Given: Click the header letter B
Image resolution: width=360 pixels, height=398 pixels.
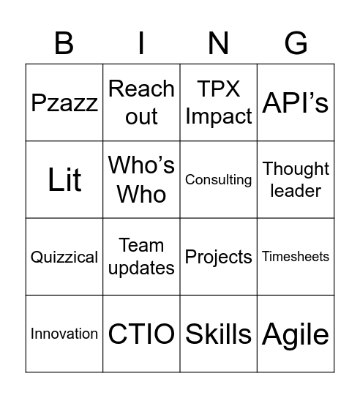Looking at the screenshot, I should [x=64, y=44].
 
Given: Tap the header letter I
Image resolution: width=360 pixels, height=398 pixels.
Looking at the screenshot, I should [x=141, y=44].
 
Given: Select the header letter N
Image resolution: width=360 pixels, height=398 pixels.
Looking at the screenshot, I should [x=219, y=44].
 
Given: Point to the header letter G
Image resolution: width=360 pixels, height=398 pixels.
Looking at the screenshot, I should [x=296, y=44].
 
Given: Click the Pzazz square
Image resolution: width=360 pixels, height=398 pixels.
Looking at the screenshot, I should [x=64, y=102].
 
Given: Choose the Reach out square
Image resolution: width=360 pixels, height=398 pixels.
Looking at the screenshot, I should [x=141, y=102].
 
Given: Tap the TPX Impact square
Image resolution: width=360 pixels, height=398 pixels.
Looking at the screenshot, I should [x=219, y=102].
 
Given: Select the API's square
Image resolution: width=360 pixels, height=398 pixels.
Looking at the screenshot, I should [x=296, y=102].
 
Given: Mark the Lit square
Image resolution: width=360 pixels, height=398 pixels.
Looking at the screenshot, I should [x=64, y=180].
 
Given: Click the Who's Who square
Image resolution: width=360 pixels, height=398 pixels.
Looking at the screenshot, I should [x=141, y=180].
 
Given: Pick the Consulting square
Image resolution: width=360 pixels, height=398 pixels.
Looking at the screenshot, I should [x=219, y=180].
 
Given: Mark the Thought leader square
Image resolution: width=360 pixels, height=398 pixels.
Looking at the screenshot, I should [x=296, y=180].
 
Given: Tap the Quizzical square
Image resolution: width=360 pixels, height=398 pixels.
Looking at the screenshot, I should [x=64, y=257].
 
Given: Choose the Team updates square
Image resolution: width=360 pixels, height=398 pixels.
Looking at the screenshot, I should [x=141, y=257].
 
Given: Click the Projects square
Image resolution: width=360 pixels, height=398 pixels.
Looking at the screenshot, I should [x=219, y=257].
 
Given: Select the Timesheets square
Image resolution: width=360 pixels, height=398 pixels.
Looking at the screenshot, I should [x=296, y=257].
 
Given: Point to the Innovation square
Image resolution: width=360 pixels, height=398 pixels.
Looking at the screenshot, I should [x=64, y=334].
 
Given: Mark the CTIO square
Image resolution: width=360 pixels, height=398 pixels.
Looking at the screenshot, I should [x=141, y=334].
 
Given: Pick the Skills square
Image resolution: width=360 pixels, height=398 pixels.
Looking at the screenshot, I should [x=219, y=334].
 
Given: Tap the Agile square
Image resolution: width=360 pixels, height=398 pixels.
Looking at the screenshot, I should [x=296, y=334].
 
